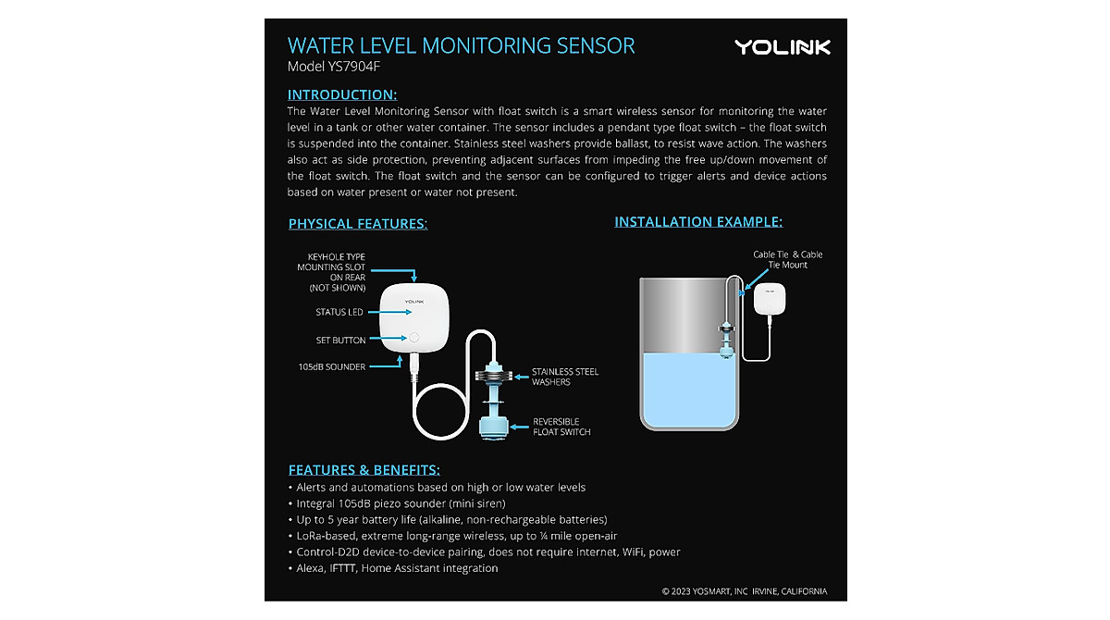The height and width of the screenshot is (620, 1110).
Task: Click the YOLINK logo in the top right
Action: point(783,47)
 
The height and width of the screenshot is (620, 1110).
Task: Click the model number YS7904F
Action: point(334,67)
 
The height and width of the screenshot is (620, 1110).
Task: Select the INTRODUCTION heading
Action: point(342,94)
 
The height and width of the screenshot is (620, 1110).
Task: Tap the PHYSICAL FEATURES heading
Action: point(357,224)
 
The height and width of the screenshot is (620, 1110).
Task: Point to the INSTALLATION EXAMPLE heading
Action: point(698,222)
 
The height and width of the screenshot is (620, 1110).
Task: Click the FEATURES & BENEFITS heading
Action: point(364,469)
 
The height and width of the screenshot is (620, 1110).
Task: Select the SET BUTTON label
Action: point(340,341)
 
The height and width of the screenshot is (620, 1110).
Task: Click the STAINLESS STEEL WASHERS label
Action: point(564,377)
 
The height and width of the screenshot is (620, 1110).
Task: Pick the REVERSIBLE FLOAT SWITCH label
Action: point(561,427)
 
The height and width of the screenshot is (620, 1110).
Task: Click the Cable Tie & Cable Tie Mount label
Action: point(787,259)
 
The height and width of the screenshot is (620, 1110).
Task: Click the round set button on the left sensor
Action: point(414,339)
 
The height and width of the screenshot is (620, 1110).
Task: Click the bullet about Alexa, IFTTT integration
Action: point(397,568)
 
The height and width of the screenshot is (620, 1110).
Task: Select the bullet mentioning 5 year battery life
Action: point(451,520)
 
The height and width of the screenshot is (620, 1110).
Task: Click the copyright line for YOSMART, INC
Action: point(744,591)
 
